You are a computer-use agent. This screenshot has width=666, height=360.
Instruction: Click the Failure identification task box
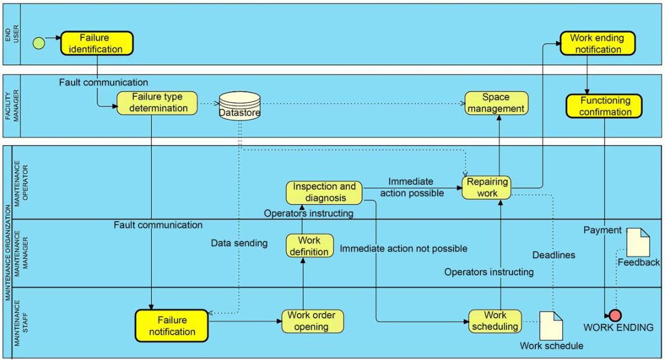(x=97, y=43)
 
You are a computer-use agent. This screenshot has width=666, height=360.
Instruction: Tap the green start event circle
(x=39, y=43)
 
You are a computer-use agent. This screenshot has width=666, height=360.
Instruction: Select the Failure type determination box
(x=157, y=103)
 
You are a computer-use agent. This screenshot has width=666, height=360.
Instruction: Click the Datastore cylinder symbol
(x=240, y=106)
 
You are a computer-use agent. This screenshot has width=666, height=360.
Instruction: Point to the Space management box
(x=496, y=103)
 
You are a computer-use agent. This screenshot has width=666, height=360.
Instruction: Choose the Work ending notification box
(x=597, y=43)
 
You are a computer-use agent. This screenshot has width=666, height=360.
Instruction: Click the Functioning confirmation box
(x=604, y=106)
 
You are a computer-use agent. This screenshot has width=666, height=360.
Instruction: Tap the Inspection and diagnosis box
(x=324, y=192)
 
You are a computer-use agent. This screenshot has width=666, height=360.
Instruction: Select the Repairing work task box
(x=487, y=188)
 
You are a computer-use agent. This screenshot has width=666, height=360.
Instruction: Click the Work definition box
(x=310, y=246)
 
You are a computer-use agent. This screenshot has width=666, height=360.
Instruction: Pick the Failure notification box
(x=172, y=326)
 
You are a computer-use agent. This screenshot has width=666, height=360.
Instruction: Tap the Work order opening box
(x=312, y=321)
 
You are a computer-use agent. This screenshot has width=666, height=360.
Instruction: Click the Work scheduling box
(x=495, y=321)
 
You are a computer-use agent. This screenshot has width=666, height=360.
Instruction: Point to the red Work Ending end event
(x=615, y=315)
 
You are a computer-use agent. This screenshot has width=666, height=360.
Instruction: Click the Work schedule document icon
(x=551, y=326)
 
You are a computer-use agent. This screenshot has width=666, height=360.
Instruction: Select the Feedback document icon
(x=638, y=243)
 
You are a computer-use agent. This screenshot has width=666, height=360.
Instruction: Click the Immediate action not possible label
(x=403, y=249)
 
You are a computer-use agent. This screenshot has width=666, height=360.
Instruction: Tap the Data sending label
(x=239, y=243)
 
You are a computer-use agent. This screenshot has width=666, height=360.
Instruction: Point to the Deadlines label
(x=554, y=255)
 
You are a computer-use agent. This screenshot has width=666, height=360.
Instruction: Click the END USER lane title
(x=12, y=33)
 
